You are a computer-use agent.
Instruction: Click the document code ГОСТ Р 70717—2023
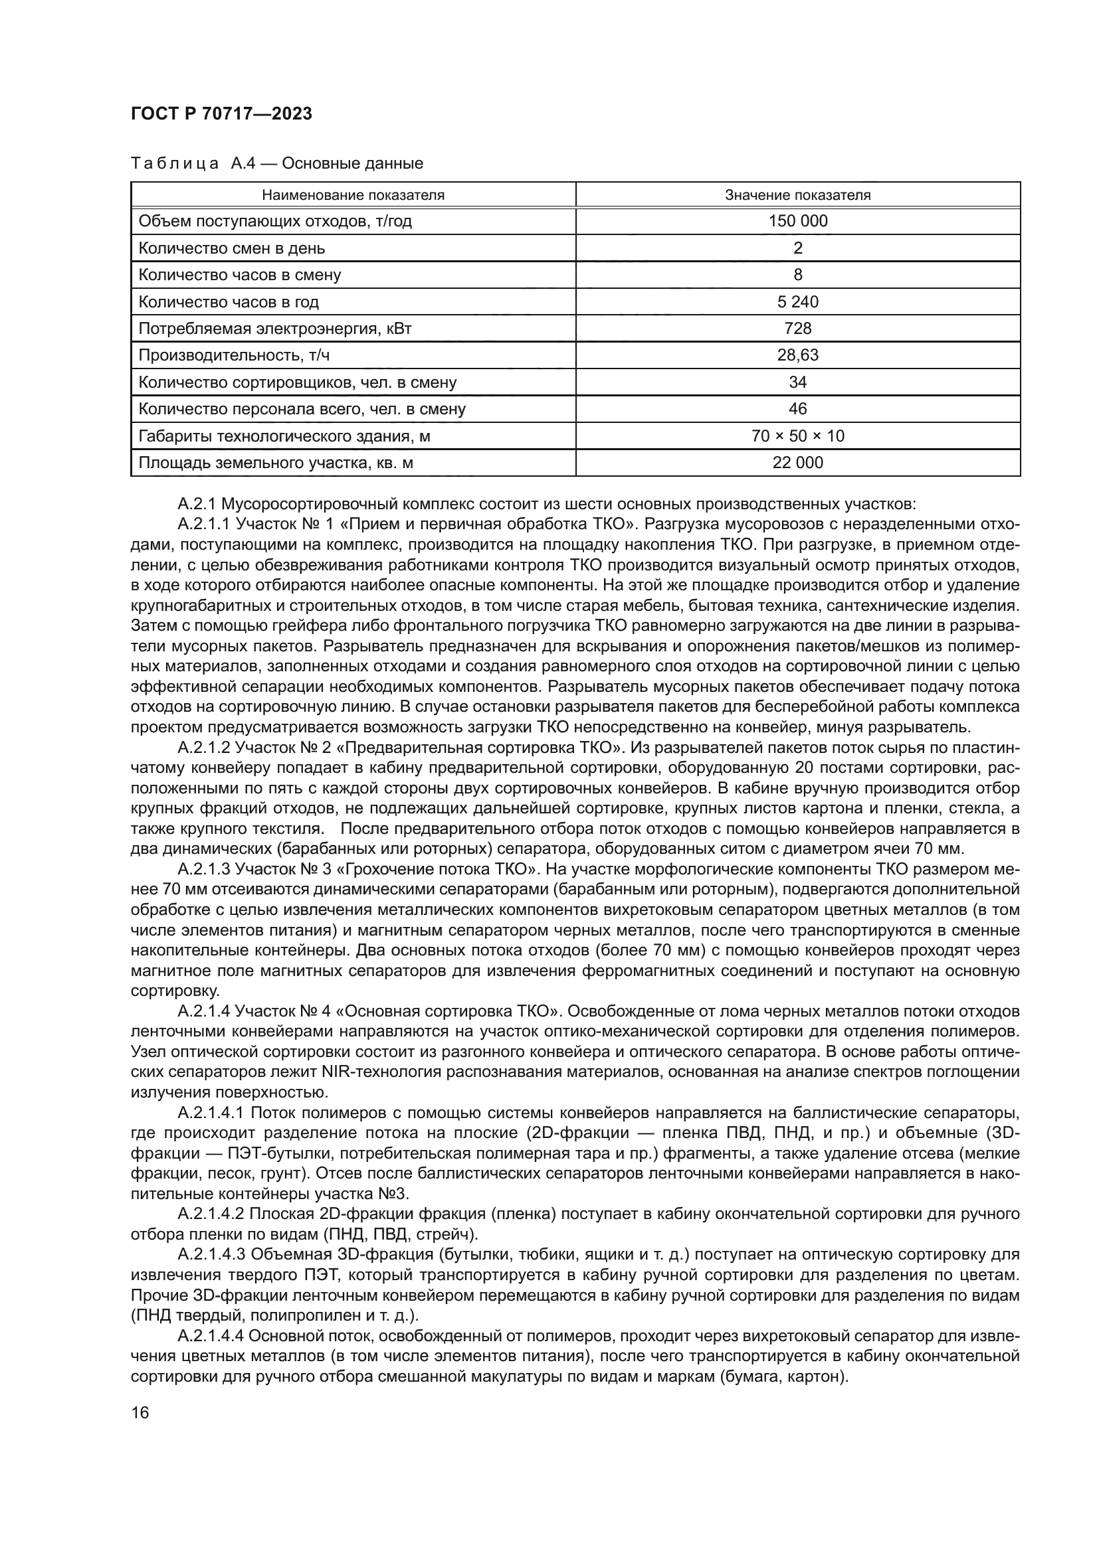pyautogui.click(x=221, y=114)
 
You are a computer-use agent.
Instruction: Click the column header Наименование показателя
pyautogui.click(x=353, y=195)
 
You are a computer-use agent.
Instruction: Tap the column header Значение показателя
pyautogui.click(x=797, y=195)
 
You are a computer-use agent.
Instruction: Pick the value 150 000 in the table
pyautogui.click(x=797, y=221)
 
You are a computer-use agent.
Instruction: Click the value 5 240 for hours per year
pyautogui.click(x=797, y=301)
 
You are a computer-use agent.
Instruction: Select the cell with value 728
pyautogui.click(x=797, y=329)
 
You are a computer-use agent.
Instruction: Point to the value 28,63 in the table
pyautogui.click(x=797, y=355)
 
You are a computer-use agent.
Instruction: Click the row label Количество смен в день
pyautogui.click(x=231, y=248)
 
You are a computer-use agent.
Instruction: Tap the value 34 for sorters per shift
pyautogui.click(x=797, y=382)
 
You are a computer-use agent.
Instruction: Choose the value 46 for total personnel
pyautogui.click(x=797, y=409)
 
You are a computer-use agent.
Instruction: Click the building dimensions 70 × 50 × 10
pyautogui.click(x=797, y=436)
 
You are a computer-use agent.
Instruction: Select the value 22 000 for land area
pyautogui.click(x=797, y=463)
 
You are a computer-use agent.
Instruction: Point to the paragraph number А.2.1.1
pyautogui.click(x=205, y=525)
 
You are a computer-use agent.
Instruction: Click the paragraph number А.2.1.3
pyautogui.click(x=205, y=869)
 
